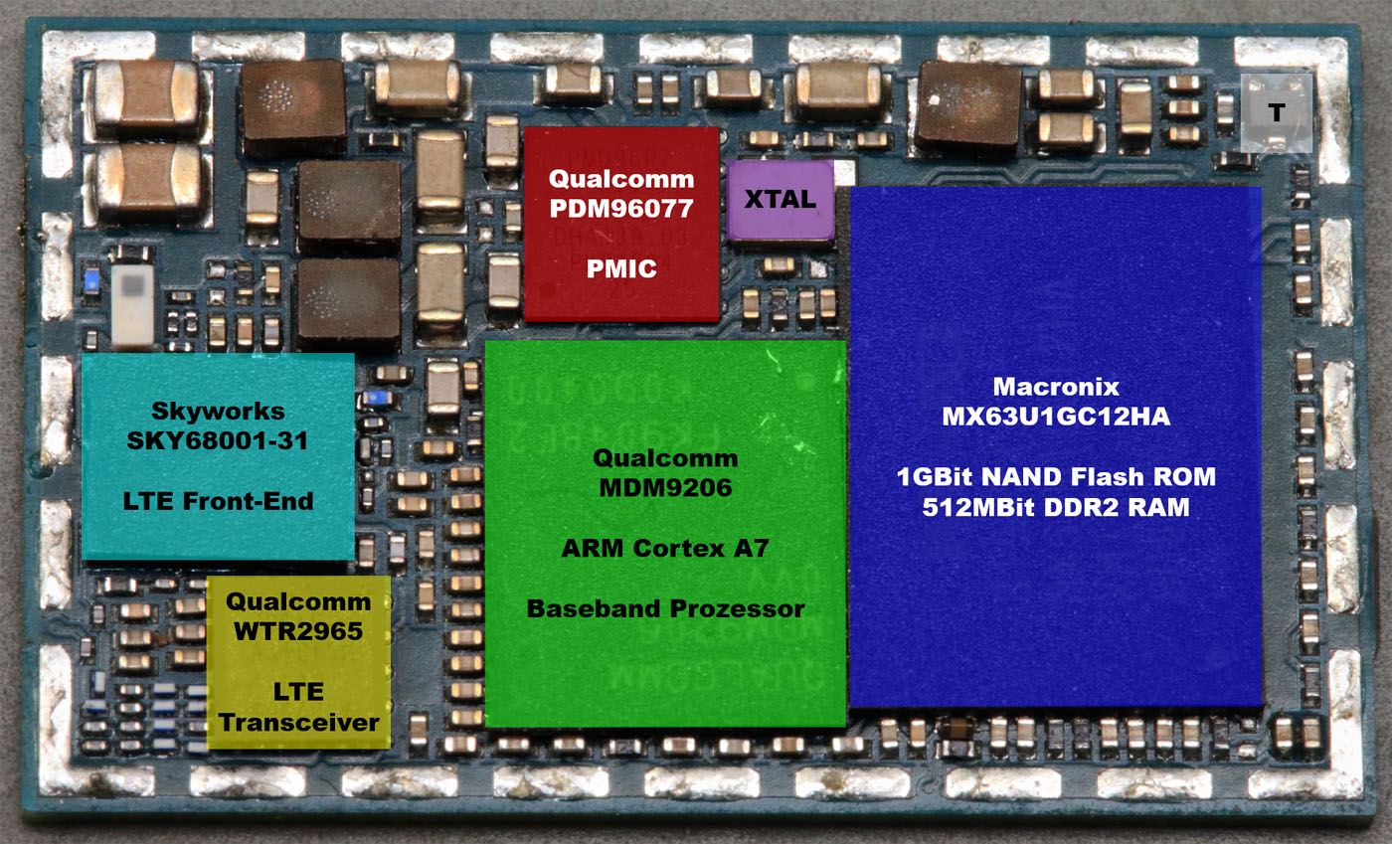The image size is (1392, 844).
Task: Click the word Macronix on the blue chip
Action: (x=1055, y=387)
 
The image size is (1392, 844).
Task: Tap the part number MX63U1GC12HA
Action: (x=1055, y=417)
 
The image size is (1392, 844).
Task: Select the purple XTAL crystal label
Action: (x=781, y=199)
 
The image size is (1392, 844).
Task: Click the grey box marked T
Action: (x=1277, y=112)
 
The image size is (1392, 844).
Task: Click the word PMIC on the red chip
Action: (x=620, y=268)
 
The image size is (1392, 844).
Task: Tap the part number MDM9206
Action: (x=663, y=487)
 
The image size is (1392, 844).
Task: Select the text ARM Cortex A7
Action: (x=665, y=548)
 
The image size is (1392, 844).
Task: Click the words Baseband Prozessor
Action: (x=665, y=608)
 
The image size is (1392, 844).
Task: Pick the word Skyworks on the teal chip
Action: (x=218, y=412)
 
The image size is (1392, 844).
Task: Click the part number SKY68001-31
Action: (x=218, y=440)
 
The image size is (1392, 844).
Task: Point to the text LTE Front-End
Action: (x=218, y=501)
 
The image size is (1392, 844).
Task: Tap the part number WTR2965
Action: (x=298, y=631)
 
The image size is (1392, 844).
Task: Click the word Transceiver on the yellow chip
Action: (x=298, y=721)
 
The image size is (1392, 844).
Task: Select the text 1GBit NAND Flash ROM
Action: (x=1055, y=477)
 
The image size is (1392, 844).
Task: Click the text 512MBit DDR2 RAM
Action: (x=1055, y=507)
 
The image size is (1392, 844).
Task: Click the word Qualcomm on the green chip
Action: (x=665, y=458)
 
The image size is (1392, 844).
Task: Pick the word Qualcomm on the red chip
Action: (x=620, y=181)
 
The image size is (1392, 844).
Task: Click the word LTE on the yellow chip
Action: (x=298, y=692)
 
